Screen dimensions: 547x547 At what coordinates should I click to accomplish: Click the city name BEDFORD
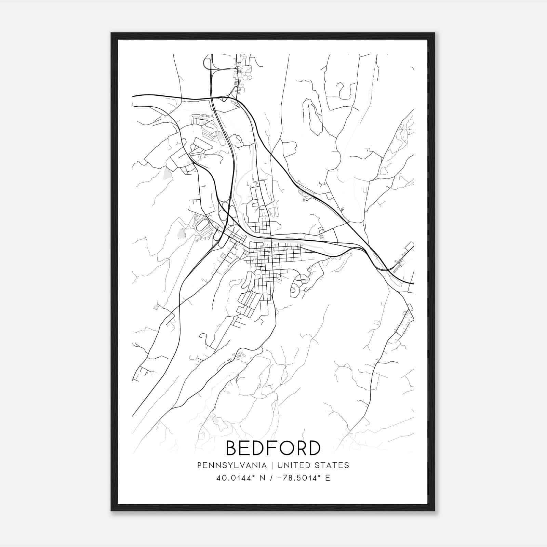click(x=273, y=448)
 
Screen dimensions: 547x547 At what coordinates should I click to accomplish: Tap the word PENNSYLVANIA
click(x=232, y=465)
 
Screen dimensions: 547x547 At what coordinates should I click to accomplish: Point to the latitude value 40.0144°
click(x=238, y=478)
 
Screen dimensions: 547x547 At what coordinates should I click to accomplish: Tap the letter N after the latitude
click(x=264, y=478)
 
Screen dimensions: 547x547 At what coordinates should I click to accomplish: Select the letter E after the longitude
click(x=328, y=478)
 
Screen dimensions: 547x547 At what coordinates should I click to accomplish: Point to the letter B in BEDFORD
click(x=232, y=448)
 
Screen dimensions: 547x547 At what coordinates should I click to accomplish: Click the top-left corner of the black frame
click(x=111, y=33)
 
